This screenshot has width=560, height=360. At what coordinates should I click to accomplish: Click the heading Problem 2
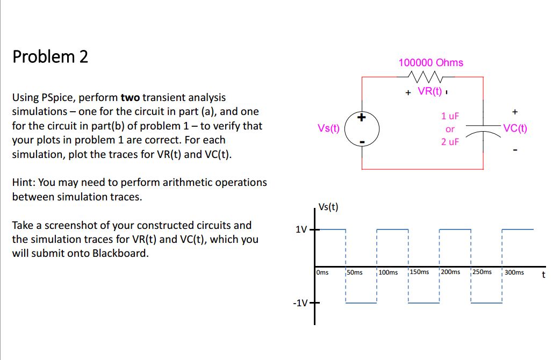(50, 56)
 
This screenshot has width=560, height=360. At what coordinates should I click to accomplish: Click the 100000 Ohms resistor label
(430, 63)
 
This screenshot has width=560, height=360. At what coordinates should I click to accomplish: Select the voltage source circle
(362, 129)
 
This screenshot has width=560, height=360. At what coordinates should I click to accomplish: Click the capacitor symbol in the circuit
(483, 129)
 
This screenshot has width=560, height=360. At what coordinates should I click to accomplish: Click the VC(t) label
(515, 128)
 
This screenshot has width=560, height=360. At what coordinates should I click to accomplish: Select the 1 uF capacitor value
(450, 116)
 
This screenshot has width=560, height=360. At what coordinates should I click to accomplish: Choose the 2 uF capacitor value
(450, 142)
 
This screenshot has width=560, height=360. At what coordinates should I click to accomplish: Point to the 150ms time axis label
(419, 272)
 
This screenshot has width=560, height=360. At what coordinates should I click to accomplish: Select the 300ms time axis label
(514, 272)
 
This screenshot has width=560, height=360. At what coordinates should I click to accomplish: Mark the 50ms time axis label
(355, 272)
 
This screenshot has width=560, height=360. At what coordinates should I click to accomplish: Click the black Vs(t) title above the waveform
(328, 207)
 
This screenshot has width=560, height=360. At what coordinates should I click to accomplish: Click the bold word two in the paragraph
(130, 98)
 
